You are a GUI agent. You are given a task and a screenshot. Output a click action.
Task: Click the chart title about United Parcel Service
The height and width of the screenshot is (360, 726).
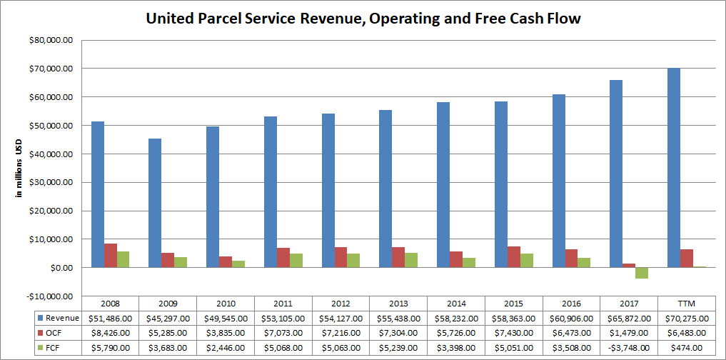[x=363, y=19]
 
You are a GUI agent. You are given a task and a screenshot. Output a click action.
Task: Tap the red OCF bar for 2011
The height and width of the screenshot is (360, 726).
[x=283, y=257]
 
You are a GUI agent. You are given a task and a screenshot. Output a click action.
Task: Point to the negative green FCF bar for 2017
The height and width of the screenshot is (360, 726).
[x=642, y=273]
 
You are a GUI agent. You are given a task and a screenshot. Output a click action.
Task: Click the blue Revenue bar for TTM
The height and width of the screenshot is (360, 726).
[x=673, y=168]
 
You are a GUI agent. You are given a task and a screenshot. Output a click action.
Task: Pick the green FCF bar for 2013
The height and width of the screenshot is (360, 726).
[x=412, y=260]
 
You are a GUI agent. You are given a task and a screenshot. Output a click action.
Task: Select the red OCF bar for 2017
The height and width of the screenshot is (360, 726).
[x=628, y=265]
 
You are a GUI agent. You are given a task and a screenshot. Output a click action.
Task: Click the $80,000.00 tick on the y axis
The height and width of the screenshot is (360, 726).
[x=51, y=41]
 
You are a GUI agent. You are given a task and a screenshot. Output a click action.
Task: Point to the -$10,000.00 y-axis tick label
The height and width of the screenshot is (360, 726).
[x=51, y=296]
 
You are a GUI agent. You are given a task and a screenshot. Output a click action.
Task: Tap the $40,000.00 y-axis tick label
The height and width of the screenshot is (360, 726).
[x=51, y=154]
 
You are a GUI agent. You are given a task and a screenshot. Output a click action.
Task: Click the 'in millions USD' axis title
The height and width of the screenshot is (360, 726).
[x=20, y=168]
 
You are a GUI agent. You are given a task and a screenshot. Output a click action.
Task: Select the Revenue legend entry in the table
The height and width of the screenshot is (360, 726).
[x=60, y=318]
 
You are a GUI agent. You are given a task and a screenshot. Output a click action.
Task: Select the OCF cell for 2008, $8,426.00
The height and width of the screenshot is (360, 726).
[x=111, y=333]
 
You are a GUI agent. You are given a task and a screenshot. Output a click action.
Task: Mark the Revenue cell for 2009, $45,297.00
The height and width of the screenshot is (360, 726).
[x=168, y=318]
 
